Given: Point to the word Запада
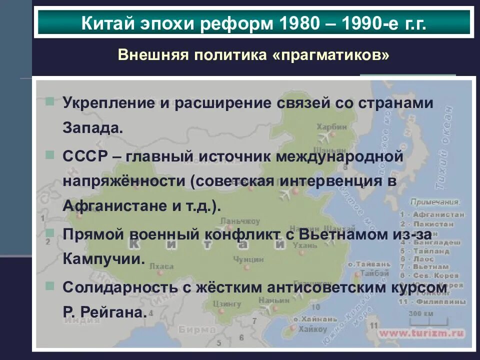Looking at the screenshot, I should point(92,127).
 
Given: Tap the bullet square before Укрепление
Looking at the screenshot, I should point(49,101).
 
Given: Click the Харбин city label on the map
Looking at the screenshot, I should point(331,127).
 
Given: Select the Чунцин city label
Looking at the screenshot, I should point(248,259).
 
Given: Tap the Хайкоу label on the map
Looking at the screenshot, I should point(312,329).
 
